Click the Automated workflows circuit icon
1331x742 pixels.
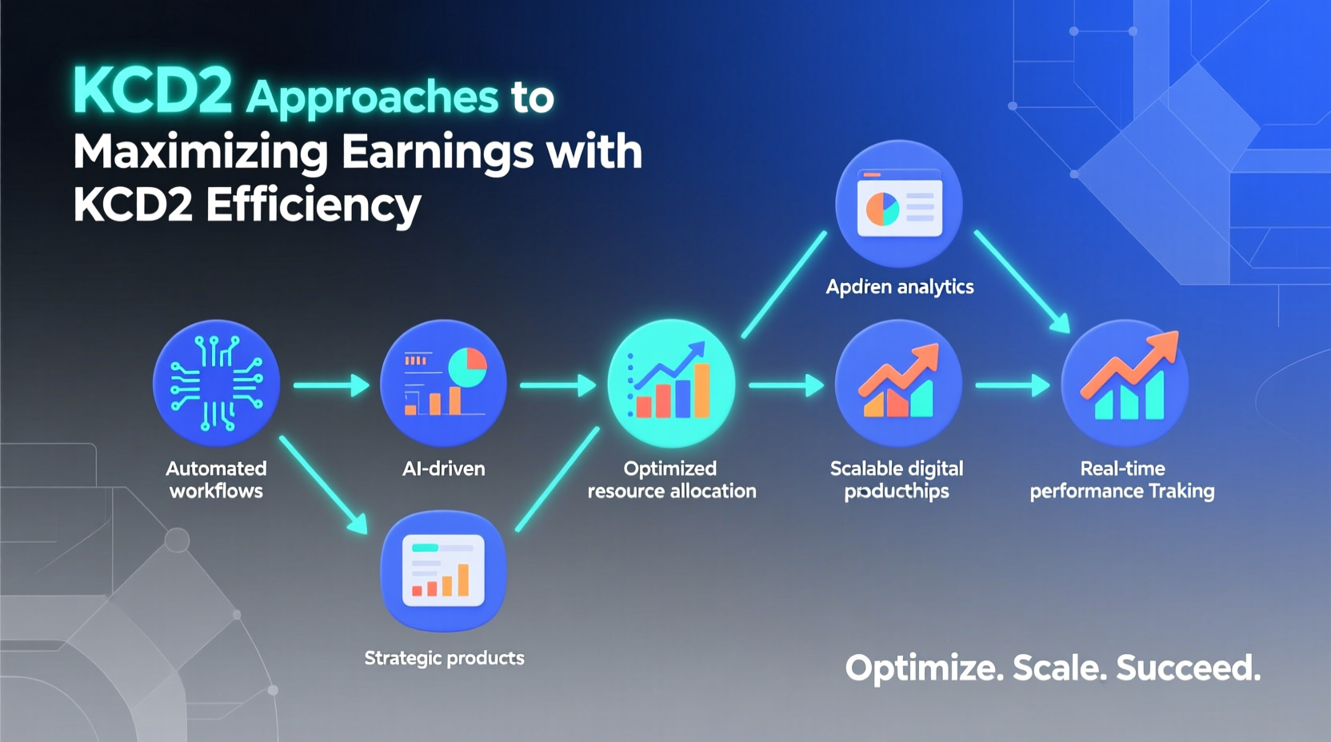click(216, 383)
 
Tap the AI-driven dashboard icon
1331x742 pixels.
click(443, 383)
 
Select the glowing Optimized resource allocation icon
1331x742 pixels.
click(671, 383)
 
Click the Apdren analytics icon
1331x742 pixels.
click(899, 203)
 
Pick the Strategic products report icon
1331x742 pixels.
click(443, 571)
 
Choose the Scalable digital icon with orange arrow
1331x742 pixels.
click(898, 383)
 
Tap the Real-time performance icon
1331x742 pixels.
click(1125, 383)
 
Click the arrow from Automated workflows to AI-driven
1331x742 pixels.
click(330, 385)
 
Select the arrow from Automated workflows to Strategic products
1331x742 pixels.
click(323, 485)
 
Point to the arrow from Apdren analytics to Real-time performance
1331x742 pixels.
click(1022, 282)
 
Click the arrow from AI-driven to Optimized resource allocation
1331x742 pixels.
click(558, 385)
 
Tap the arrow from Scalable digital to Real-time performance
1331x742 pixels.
click(1012, 385)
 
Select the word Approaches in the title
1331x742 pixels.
click(372, 98)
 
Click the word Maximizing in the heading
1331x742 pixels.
click(200, 151)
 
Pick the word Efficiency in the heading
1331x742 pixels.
click(313, 205)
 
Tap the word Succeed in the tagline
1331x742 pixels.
click(1188, 668)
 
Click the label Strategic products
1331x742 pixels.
click(444, 658)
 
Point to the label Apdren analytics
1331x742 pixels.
click(899, 287)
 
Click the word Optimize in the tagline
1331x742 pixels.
click(924, 668)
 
